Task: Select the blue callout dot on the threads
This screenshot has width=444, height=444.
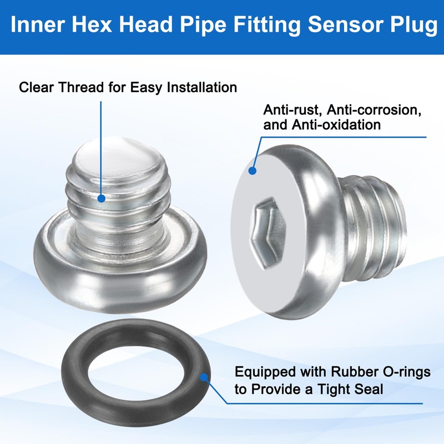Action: [101, 198]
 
